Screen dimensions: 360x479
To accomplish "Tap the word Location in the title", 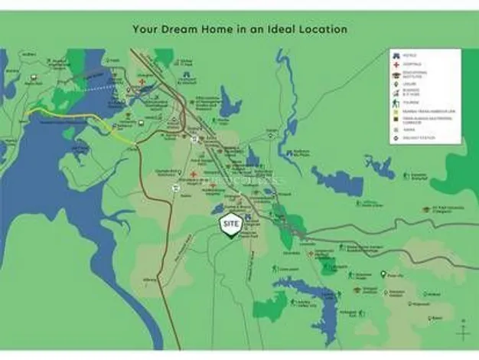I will coord(321,29).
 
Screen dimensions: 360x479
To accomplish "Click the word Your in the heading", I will coord(146,29).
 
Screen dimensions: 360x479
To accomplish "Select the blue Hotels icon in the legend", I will coord(396,55).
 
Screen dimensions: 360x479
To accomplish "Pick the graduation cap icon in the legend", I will coord(396,76).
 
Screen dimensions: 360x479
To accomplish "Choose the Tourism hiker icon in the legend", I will coord(396,103).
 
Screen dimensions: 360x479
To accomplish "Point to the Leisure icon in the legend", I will coord(396,85).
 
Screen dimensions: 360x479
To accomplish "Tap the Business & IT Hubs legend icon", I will coord(396,93).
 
